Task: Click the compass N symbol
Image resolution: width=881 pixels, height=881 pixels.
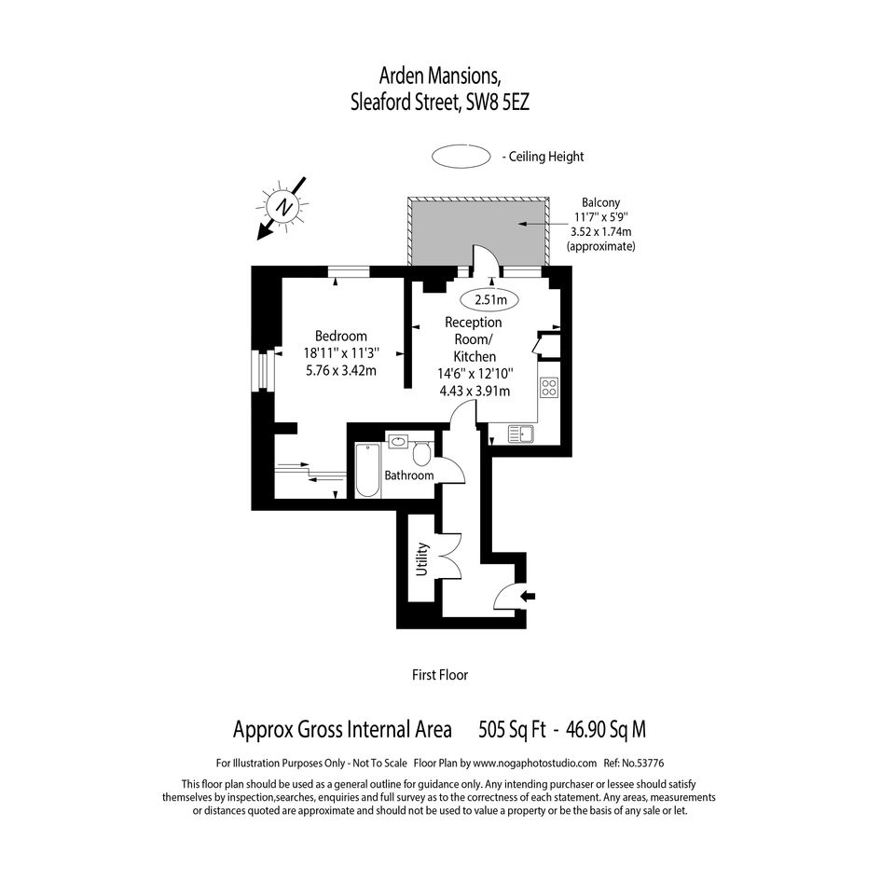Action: click(282, 207)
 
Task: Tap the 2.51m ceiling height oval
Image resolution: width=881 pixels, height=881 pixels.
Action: click(489, 300)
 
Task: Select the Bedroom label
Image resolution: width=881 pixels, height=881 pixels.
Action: click(340, 336)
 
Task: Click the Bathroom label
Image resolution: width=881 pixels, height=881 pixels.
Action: click(409, 475)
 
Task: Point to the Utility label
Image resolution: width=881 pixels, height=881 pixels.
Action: click(422, 559)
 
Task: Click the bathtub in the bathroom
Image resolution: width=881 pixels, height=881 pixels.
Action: click(368, 470)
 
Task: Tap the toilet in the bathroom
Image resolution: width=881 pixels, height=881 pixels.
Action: click(421, 452)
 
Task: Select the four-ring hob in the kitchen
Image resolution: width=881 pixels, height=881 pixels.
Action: click(549, 387)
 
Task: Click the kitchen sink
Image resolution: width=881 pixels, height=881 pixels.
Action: click(521, 434)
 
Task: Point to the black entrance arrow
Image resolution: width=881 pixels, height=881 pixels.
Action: click(529, 596)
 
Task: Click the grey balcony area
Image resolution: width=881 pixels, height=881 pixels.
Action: click(478, 233)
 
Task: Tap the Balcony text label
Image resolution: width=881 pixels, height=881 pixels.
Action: click(600, 202)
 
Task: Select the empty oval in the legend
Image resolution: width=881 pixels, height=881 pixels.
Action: click(461, 157)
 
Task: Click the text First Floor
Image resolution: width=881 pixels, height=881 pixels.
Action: click(440, 675)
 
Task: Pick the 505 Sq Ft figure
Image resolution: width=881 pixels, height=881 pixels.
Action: click(512, 729)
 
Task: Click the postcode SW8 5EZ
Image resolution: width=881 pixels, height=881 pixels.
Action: click(498, 103)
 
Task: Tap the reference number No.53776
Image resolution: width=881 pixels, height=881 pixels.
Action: click(644, 763)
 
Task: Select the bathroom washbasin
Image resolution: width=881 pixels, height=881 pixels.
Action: click(398, 441)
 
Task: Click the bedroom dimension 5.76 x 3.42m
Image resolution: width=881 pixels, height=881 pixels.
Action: click(341, 371)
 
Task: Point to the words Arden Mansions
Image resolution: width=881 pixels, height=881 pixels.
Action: click(440, 75)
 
